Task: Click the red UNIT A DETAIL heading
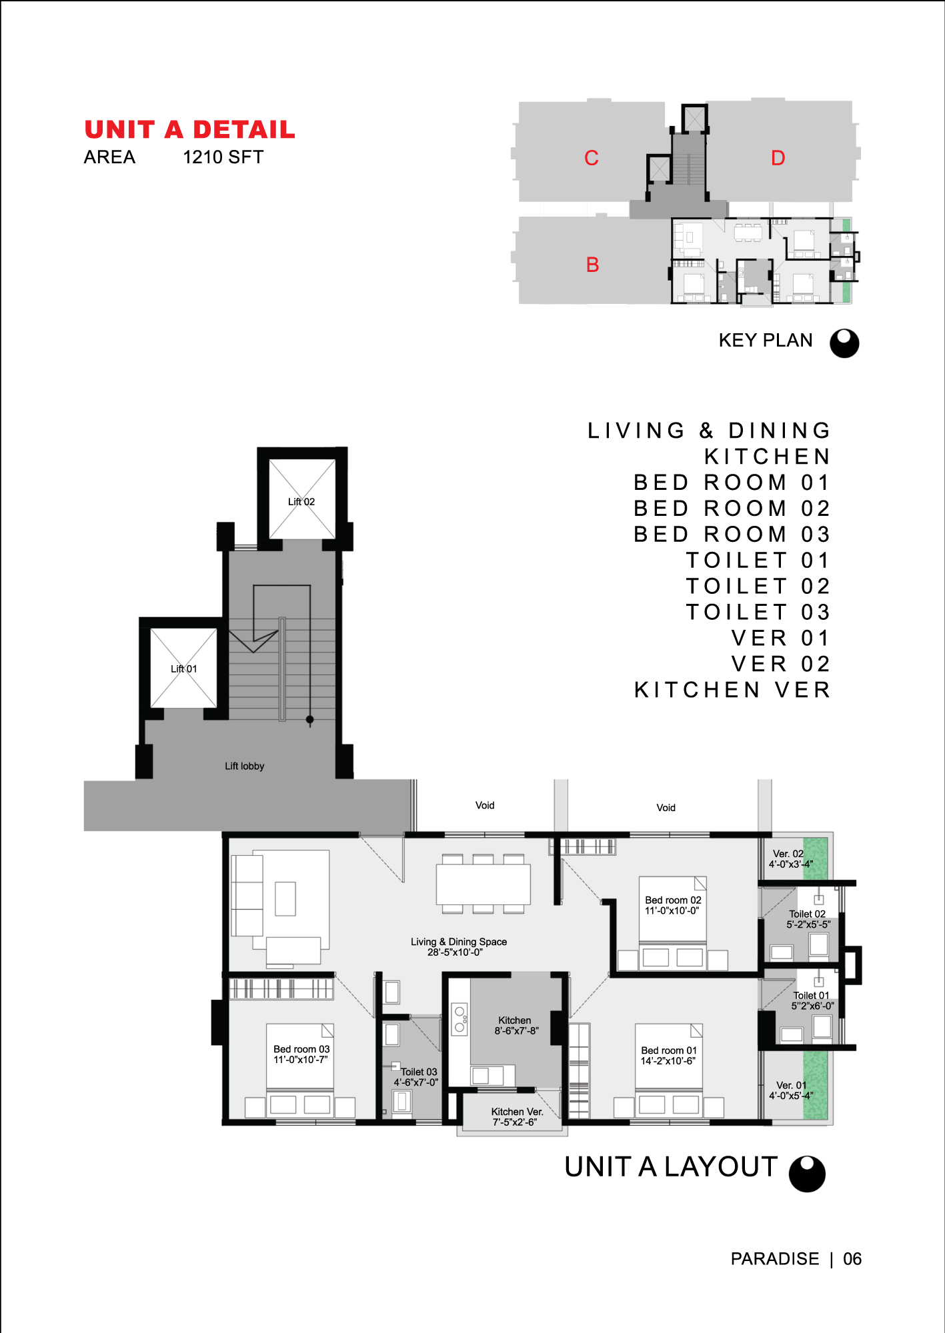[x=190, y=129]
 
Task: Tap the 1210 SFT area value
[x=223, y=157]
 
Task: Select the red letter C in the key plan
[x=592, y=158]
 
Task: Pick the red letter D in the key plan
[x=778, y=158]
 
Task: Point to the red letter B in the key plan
[x=593, y=265]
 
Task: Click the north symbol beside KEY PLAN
[x=844, y=343]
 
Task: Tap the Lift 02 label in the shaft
[x=301, y=502]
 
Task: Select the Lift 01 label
[x=184, y=669]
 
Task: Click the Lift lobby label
[x=245, y=766]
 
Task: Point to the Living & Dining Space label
[x=459, y=942]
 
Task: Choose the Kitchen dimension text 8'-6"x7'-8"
[x=517, y=1031]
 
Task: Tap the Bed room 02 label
[x=673, y=900]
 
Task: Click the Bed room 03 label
[x=301, y=1049]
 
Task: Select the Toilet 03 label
[x=419, y=1072]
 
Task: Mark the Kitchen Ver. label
[x=518, y=1112]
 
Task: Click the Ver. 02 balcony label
[x=788, y=854]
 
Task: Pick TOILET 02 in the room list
[x=758, y=587]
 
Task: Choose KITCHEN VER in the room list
[x=732, y=690]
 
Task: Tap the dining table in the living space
[x=484, y=884]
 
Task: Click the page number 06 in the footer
[x=852, y=1259]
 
